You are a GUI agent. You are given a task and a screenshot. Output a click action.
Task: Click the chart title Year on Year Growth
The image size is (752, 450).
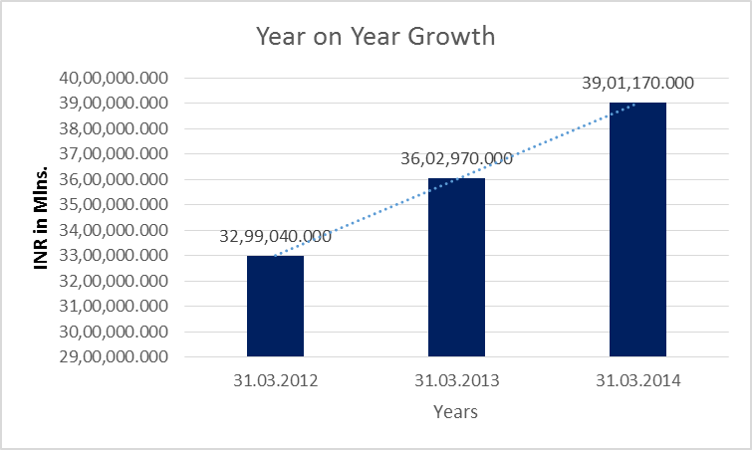376,37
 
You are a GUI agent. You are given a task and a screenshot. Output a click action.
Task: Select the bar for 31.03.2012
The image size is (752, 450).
275,306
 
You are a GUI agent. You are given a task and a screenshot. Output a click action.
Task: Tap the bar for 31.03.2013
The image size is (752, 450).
456,267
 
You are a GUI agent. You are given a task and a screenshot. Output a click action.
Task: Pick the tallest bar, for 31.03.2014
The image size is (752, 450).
637,229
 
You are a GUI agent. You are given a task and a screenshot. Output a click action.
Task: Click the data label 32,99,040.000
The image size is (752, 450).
276,237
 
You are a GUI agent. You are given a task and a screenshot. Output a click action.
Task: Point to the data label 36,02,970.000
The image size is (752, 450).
457,159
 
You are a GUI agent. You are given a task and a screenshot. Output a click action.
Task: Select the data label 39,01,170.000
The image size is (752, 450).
638,84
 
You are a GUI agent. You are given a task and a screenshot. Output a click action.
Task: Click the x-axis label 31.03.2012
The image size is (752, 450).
275,380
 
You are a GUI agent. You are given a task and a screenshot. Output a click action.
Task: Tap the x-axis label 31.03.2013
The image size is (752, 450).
456,380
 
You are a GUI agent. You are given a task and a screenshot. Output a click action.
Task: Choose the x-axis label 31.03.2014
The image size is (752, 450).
637,380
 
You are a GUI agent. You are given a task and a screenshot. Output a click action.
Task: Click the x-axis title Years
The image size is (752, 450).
455,412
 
